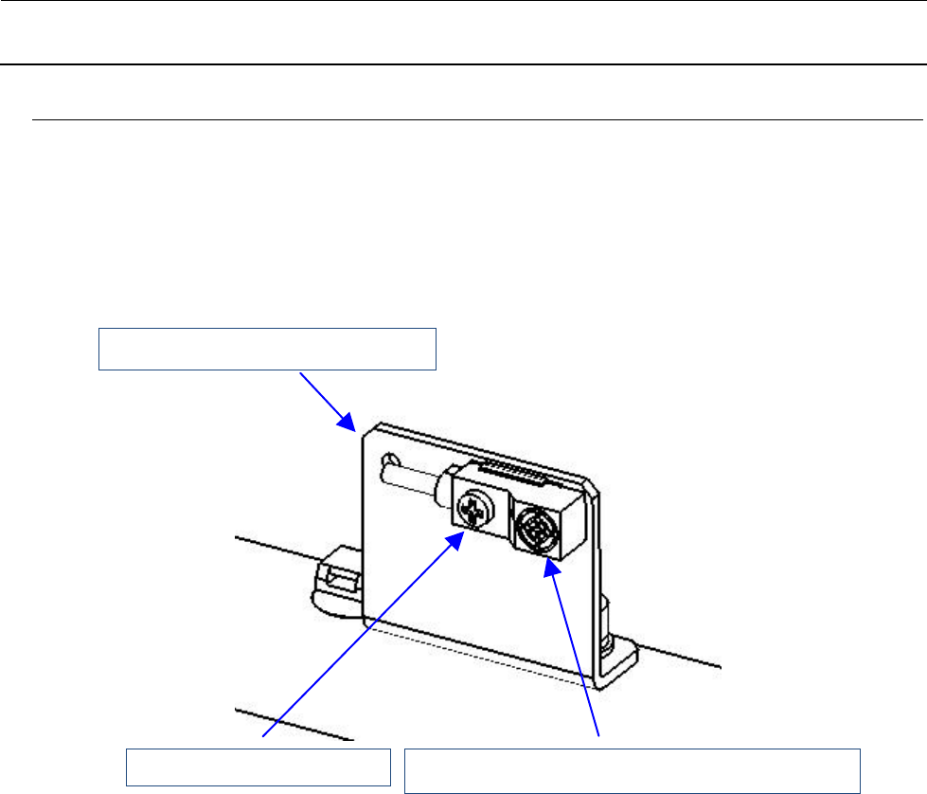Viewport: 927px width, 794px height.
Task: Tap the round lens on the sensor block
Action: pos(533,528)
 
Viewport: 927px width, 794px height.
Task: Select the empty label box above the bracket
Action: pos(268,348)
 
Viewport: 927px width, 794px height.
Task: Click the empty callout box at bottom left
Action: pos(259,767)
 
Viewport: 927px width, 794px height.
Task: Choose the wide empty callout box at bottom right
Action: pos(633,769)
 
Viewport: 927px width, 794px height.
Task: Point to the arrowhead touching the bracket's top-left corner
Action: pos(348,422)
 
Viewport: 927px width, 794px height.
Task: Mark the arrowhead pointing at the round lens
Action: pos(550,567)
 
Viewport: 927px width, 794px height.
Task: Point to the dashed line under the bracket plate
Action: pos(473,654)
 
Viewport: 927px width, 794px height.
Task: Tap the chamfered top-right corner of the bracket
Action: pos(591,488)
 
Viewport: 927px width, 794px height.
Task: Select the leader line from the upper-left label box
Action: pos(322,395)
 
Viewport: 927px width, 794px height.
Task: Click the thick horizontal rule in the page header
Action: pos(463,64)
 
